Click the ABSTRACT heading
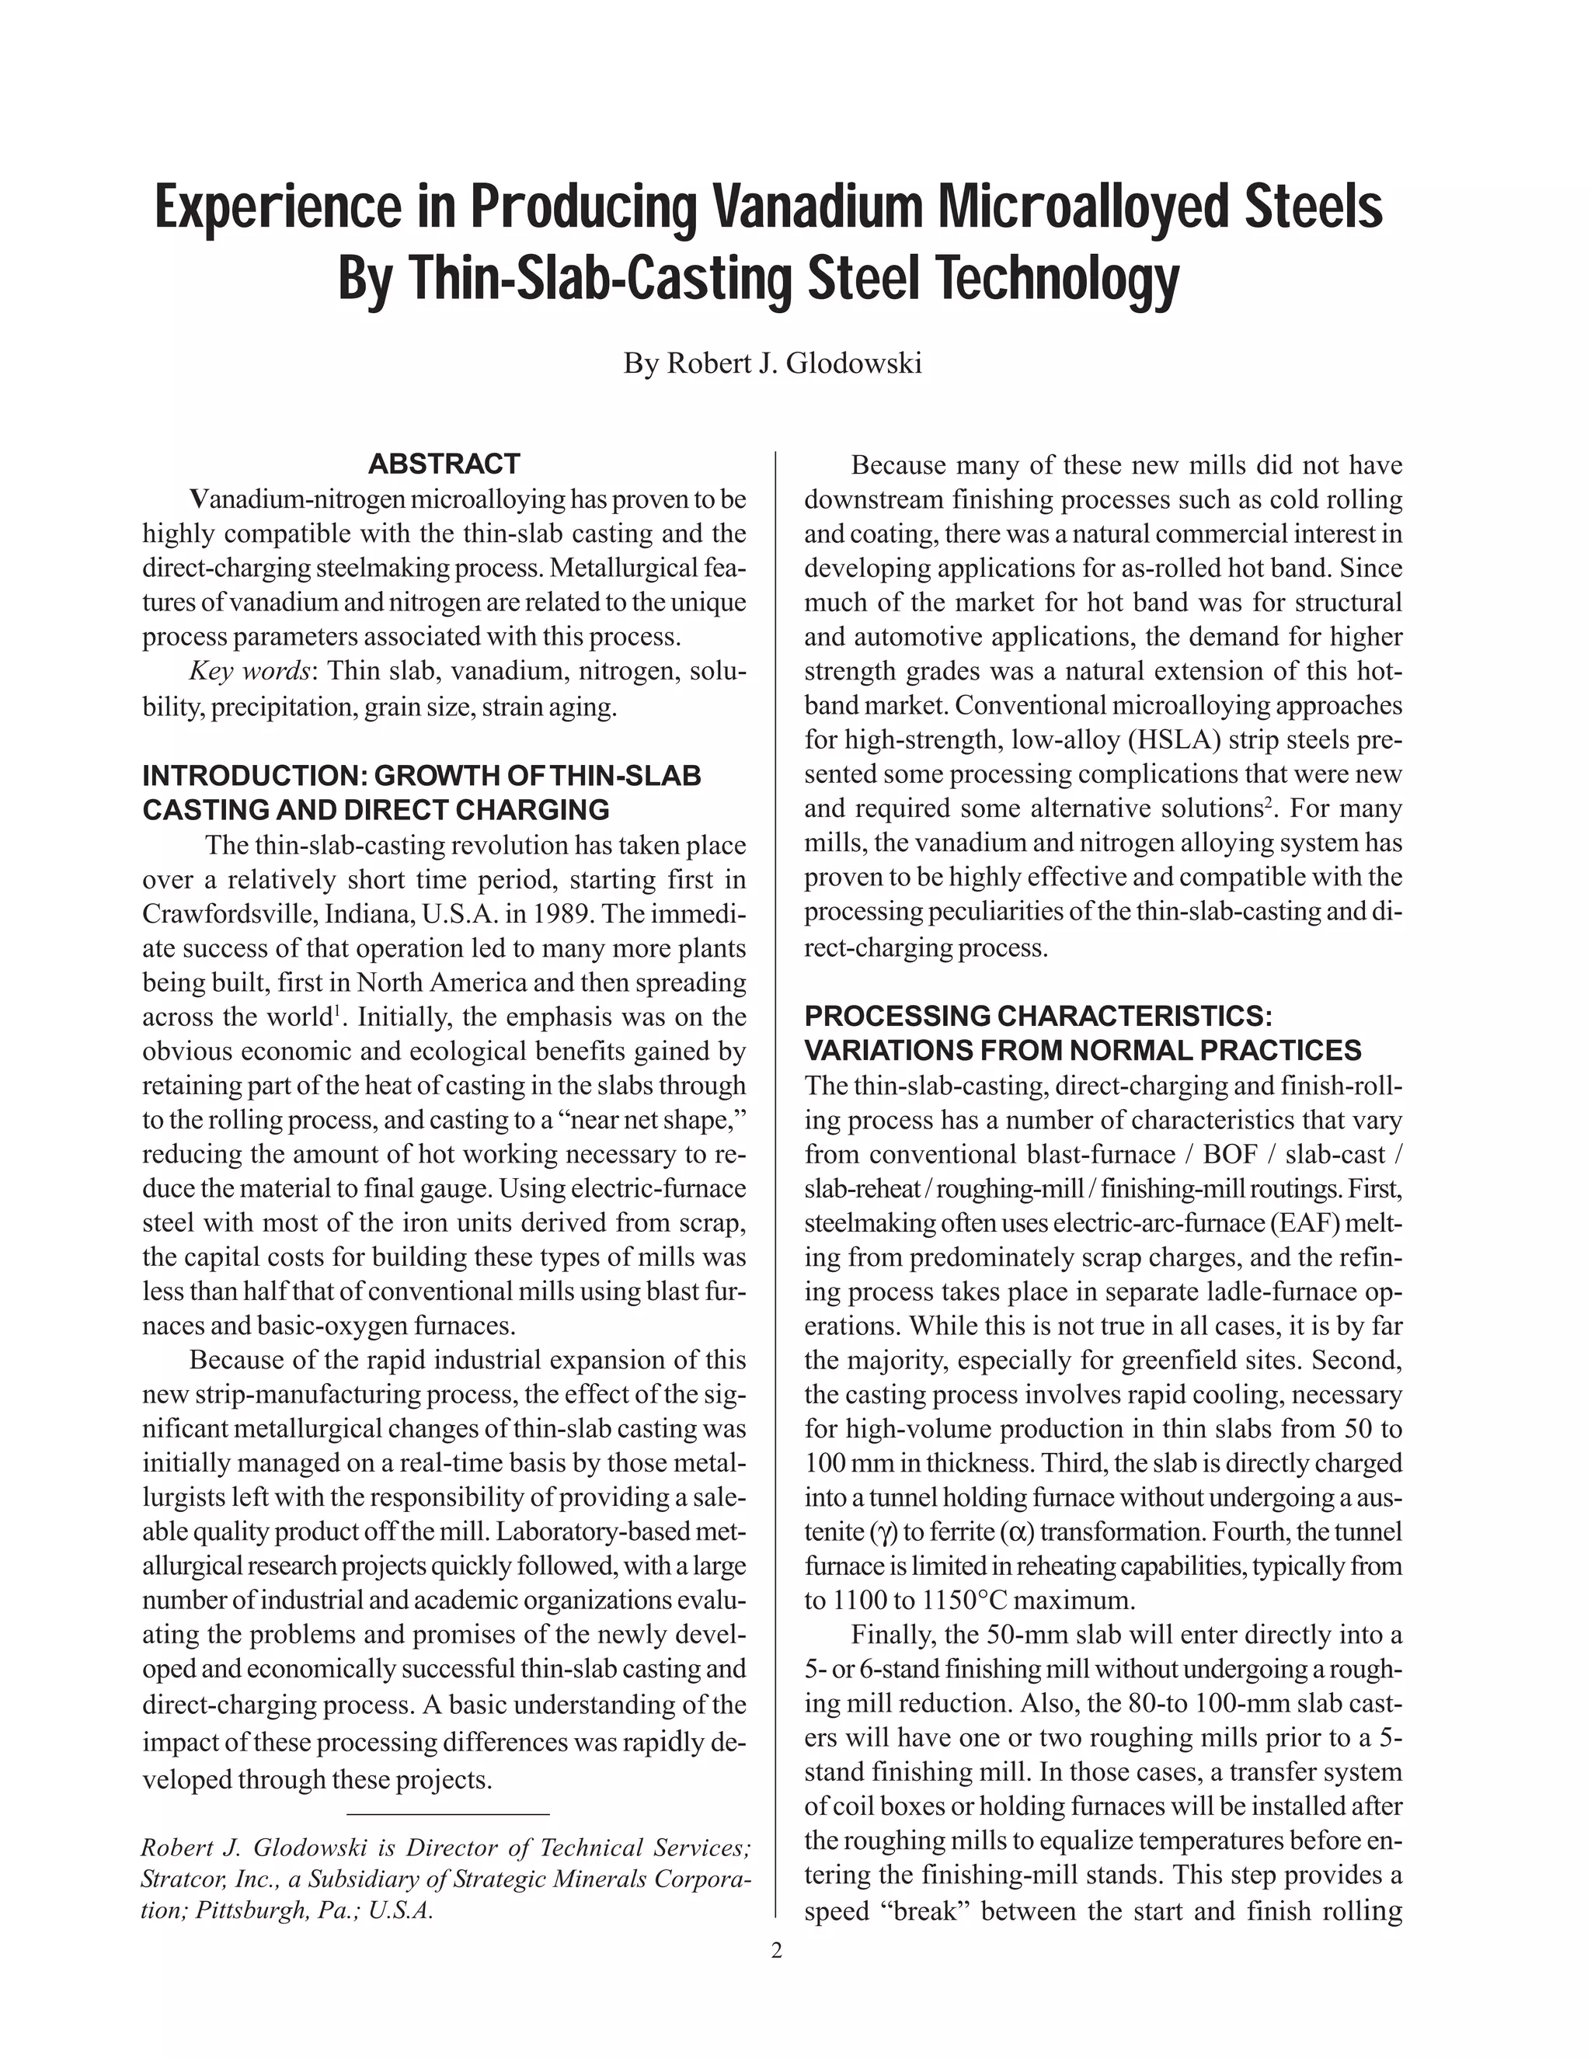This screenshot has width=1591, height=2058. (443, 464)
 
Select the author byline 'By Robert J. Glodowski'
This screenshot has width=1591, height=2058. (772, 363)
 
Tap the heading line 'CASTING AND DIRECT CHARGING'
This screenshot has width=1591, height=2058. (375, 809)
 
